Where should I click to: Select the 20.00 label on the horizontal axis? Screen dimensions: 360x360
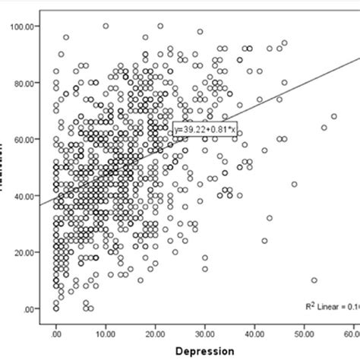point(156,332)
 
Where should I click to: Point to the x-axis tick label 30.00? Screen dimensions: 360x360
point(205,332)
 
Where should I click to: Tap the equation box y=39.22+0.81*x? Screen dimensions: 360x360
point(206,130)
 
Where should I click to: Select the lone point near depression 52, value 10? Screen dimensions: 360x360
point(314,280)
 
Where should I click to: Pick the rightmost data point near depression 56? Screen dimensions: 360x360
point(333,116)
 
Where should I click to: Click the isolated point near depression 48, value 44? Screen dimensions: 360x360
point(294,185)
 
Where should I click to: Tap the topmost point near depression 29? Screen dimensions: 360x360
point(200,32)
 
